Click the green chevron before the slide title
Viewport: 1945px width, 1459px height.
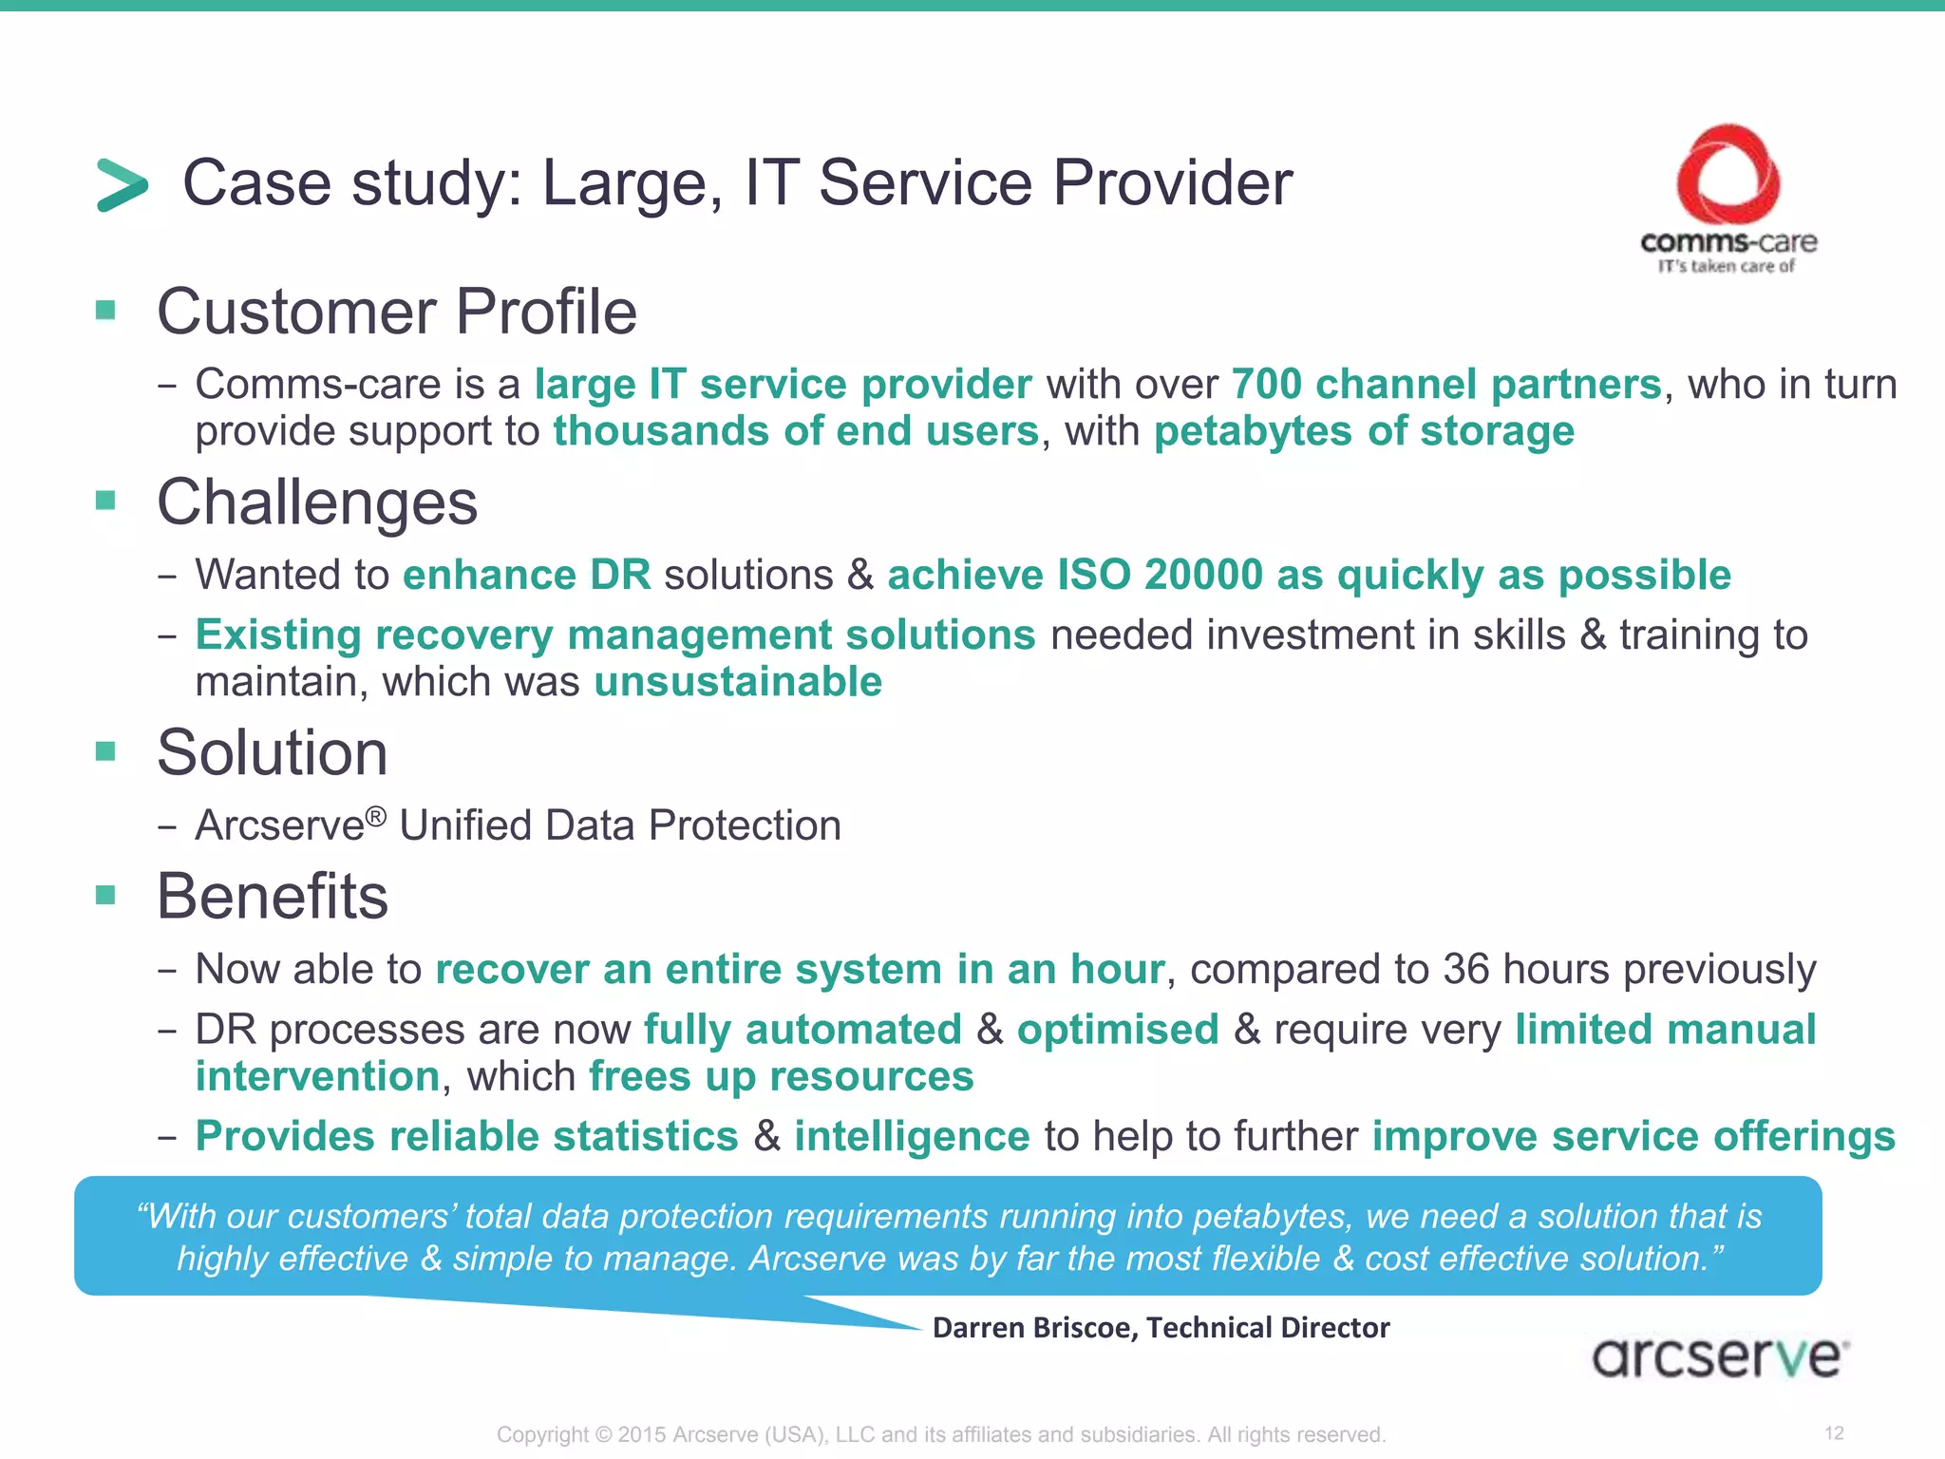click(123, 184)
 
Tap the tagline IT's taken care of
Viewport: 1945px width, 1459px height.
click(1726, 267)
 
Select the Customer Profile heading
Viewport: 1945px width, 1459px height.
click(396, 312)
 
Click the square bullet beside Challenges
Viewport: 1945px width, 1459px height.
click(105, 500)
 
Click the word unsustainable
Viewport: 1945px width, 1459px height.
click(738, 682)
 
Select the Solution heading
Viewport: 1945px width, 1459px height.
click(272, 752)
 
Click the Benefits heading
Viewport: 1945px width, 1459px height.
click(272, 896)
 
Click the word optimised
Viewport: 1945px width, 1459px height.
click(1117, 1030)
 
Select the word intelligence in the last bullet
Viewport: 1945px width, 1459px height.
click(912, 1137)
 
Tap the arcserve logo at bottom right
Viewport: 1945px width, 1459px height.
click(1719, 1356)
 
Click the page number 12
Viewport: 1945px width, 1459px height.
click(1834, 1432)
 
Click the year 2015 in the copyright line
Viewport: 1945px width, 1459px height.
click(642, 1434)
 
